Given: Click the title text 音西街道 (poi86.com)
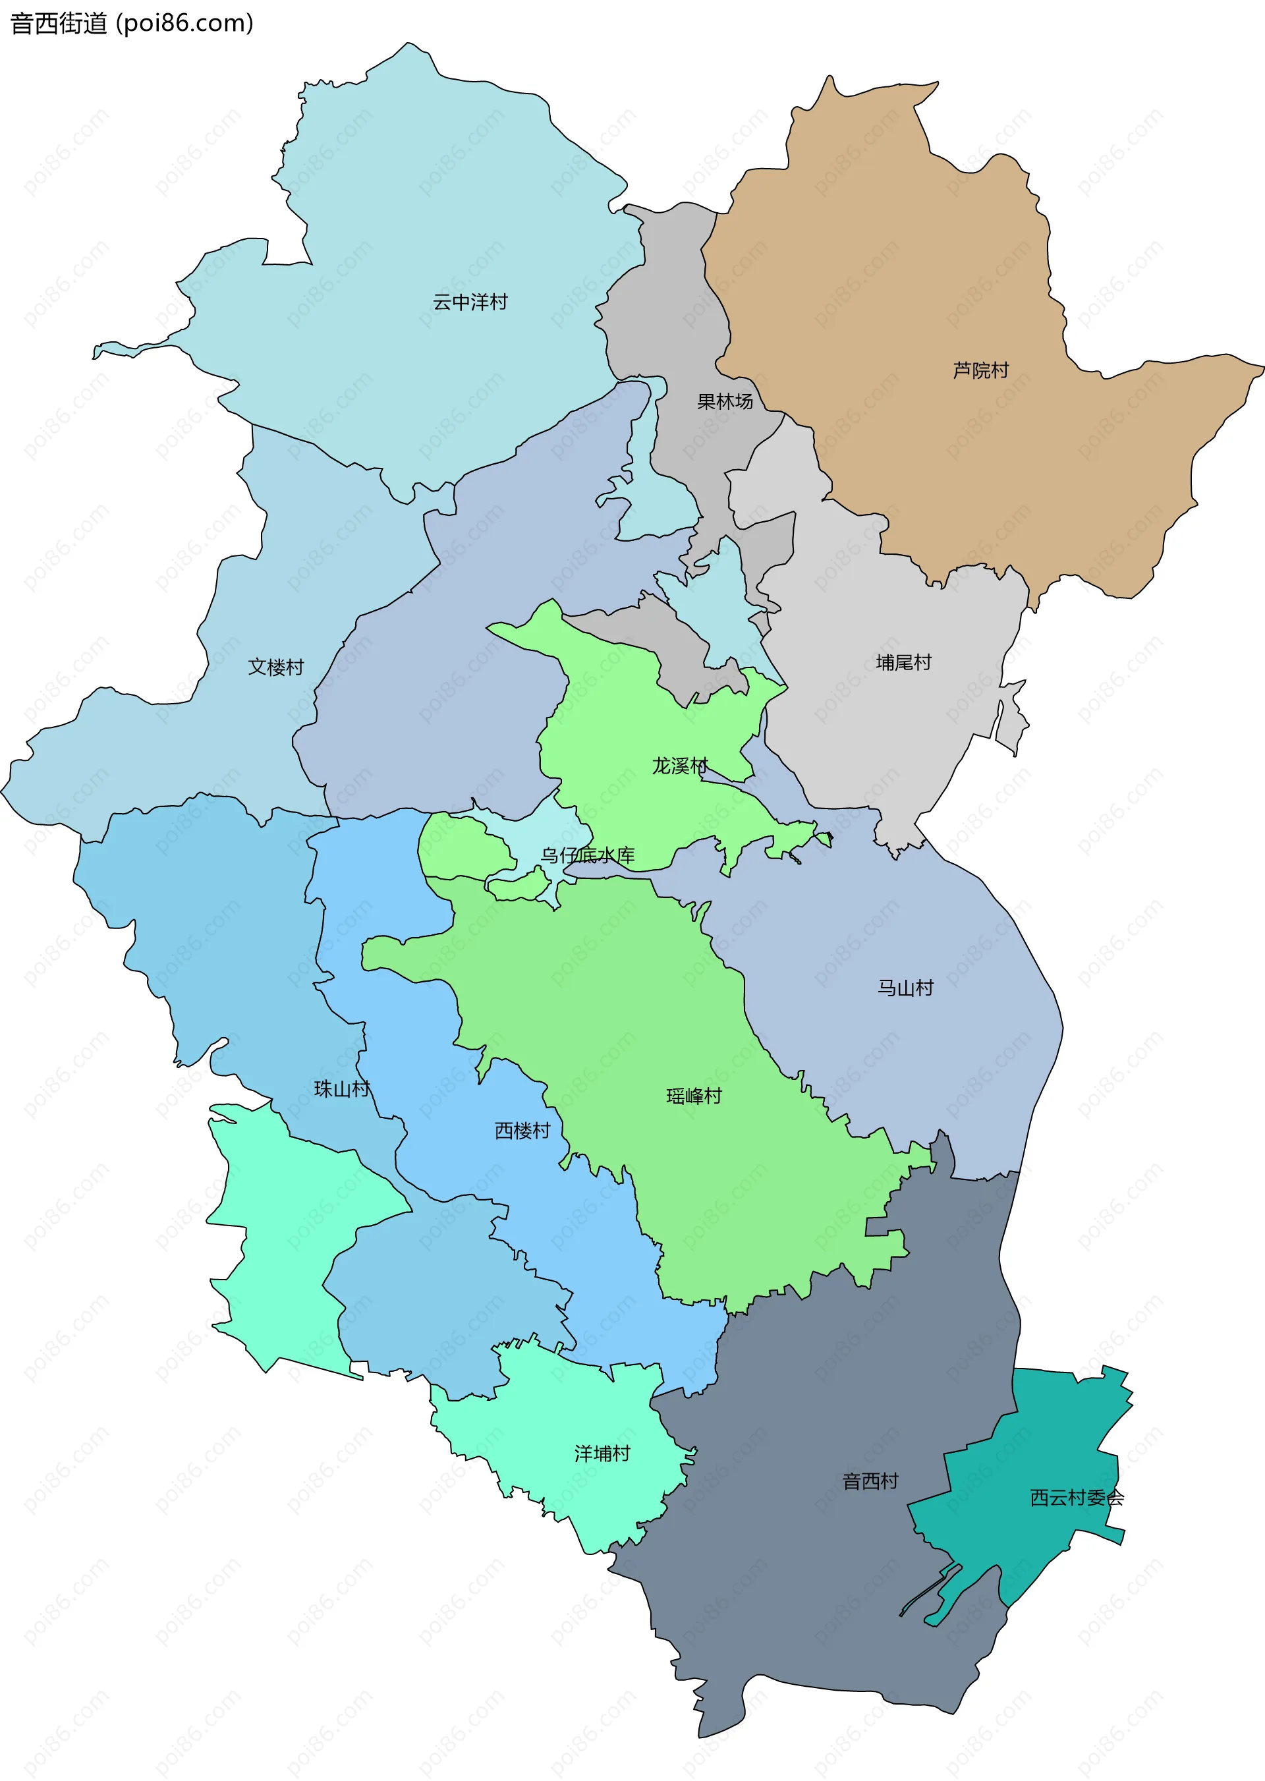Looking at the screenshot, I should pos(131,23).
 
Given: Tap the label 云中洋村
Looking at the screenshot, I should pos(470,302).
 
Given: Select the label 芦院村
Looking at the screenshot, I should pos(980,370).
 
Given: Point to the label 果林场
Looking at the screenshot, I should pos(725,401).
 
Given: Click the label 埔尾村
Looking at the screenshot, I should pos(903,662).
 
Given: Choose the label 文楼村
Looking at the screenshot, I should pos(276,667).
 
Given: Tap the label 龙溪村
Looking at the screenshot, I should pos(679,766).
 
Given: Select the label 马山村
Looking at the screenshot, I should pos(905,988).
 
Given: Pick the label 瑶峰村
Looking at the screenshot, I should pos(693,1096).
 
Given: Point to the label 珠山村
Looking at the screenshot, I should pos(341,1088).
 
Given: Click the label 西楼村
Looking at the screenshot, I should pos(522,1131).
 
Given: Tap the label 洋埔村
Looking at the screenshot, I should pos(602,1454).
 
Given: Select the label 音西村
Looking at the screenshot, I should pos(870,1481).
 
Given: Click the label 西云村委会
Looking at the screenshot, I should pos(1077,1498).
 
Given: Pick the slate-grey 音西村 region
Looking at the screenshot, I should pos(818,1597).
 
